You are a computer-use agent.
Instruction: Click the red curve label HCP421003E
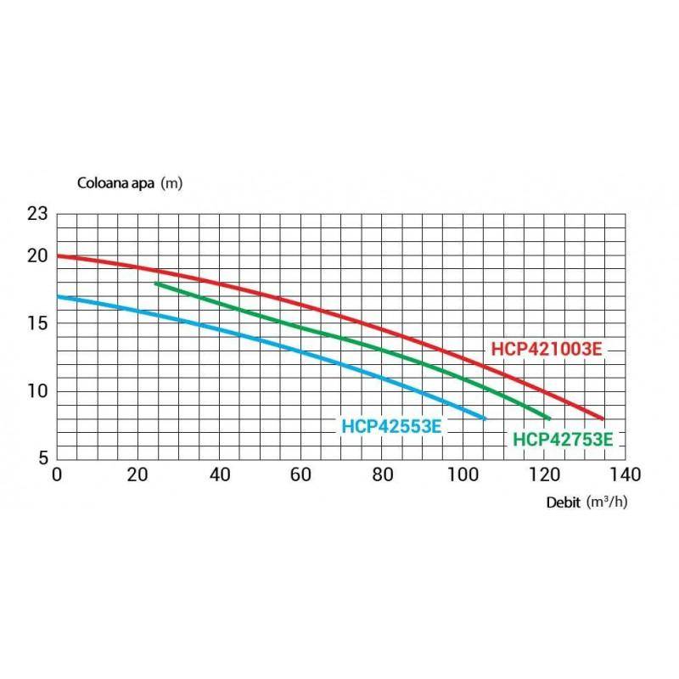547,348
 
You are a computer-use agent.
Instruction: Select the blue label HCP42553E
390,426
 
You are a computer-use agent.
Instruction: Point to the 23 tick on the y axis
38,214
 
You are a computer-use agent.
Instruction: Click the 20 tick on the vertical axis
38,255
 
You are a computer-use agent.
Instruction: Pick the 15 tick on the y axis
38,323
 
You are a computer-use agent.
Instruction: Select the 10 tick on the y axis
38,391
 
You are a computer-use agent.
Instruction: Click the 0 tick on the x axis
57,474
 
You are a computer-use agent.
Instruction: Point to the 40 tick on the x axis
220,474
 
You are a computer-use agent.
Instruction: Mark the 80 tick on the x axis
382,474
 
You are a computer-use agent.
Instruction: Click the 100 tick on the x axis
463,474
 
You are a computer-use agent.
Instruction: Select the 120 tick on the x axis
544,474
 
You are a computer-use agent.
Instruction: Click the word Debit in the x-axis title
563,502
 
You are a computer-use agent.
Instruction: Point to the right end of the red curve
603,418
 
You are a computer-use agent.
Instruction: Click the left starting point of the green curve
156,283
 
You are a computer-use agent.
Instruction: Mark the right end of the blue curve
485,418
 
